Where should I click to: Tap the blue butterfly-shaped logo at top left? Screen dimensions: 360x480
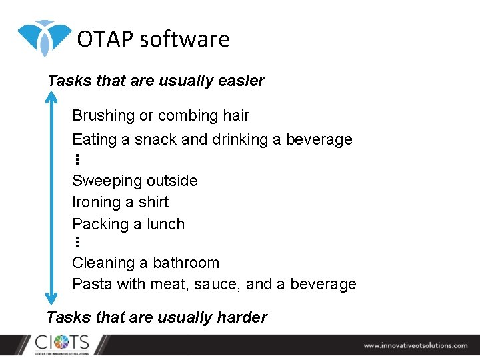click(44, 37)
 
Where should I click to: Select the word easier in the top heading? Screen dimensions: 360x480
click(241, 81)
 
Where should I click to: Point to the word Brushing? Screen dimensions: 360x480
click(103, 116)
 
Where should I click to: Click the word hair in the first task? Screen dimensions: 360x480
click(236, 115)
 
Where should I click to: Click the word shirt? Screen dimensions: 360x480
click(153, 202)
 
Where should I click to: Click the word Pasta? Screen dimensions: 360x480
click(92, 285)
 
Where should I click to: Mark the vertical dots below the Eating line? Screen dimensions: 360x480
click(77, 159)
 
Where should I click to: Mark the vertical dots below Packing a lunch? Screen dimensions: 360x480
click(77, 243)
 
